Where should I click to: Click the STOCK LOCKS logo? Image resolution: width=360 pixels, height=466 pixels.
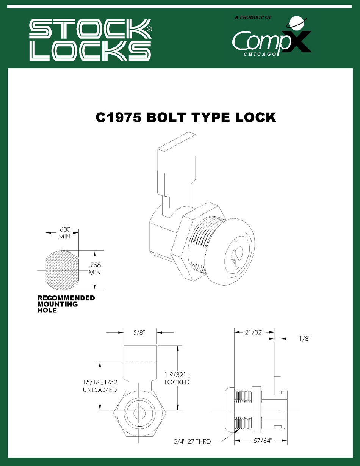[x=90, y=40]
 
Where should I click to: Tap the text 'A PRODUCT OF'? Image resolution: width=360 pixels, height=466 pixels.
[x=254, y=17]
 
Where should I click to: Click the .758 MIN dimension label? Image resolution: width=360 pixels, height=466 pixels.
[x=94, y=268]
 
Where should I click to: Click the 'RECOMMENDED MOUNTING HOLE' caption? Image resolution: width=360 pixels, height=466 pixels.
[x=66, y=304]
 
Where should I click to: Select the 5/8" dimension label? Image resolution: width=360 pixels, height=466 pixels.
[x=140, y=333]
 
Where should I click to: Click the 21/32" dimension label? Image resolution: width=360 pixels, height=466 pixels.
[x=254, y=333]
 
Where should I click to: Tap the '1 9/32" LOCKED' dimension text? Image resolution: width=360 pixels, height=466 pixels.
[x=177, y=378]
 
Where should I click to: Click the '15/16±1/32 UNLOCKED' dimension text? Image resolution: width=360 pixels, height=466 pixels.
[x=100, y=386]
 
